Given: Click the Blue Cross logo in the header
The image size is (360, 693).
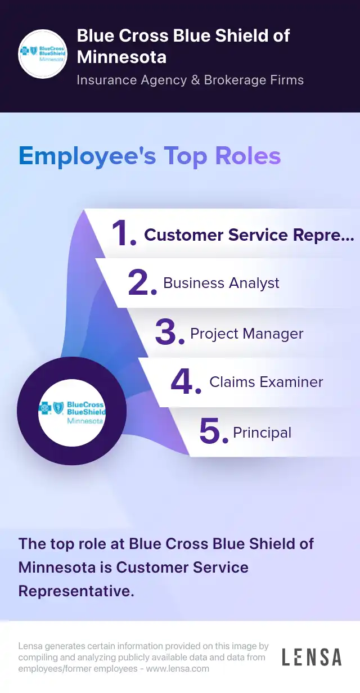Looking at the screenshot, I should click(x=43, y=54).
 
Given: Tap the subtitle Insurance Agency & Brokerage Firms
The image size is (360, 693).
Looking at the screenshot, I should click(x=190, y=80).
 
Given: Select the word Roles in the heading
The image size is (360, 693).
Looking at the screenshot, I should click(x=248, y=156).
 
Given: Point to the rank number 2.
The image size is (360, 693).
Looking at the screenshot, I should click(x=142, y=283).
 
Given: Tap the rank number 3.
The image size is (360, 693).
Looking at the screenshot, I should click(x=169, y=333).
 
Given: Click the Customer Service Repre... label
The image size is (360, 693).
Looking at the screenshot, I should click(x=249, y=235).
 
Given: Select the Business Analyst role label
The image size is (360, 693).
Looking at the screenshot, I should click(x=221, y=283).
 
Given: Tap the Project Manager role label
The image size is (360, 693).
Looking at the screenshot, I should click(x=246, y=334).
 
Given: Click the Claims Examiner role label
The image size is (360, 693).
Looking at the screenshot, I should click(x=266, y=382).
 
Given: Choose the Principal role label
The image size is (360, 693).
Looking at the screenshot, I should click(x=262, y=433).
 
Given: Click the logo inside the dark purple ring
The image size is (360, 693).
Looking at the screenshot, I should click(x=71, y=412).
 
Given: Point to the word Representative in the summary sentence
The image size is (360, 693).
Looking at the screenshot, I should click(x=76, y=591).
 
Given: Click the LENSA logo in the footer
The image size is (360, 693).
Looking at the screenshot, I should click(x=311, y=657).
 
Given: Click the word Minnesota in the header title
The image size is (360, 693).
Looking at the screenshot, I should click(x=121, y=57).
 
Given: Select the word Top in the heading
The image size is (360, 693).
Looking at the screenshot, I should click(x=185, y=156).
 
